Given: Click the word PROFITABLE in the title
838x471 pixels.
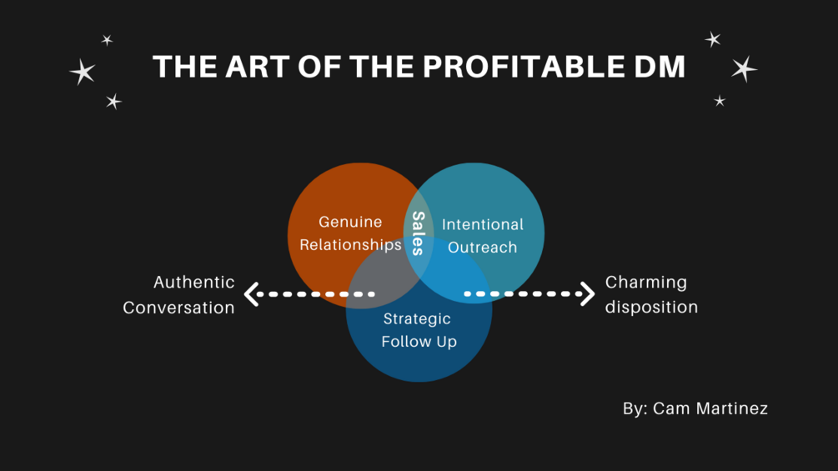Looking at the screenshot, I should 528,67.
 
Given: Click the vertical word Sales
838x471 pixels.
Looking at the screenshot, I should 419,233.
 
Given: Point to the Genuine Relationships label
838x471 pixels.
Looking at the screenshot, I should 350,233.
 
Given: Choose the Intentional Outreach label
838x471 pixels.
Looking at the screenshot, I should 483,236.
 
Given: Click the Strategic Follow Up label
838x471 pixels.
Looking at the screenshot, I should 419,330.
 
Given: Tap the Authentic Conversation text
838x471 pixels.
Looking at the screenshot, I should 179,294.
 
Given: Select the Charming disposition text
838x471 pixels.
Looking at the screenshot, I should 651,294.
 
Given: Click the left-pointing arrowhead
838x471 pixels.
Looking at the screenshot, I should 251,293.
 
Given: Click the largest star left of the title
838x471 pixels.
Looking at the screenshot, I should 83,72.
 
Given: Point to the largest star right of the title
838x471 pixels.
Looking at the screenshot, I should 744,68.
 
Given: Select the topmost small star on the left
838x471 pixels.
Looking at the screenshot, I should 107,39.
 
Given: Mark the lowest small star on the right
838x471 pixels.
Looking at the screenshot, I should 720,101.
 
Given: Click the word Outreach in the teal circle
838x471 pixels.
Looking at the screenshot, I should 483,248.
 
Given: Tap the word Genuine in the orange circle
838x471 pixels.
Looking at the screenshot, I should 350,222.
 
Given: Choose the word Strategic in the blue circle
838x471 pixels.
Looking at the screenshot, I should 417,318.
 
